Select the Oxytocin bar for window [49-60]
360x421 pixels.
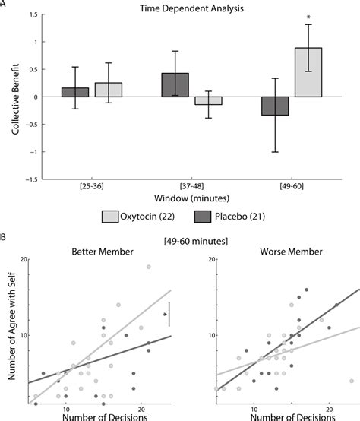pyautogui.click(x=308, y=72)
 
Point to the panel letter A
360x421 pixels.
pyautogui.click(x=4, y=5)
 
